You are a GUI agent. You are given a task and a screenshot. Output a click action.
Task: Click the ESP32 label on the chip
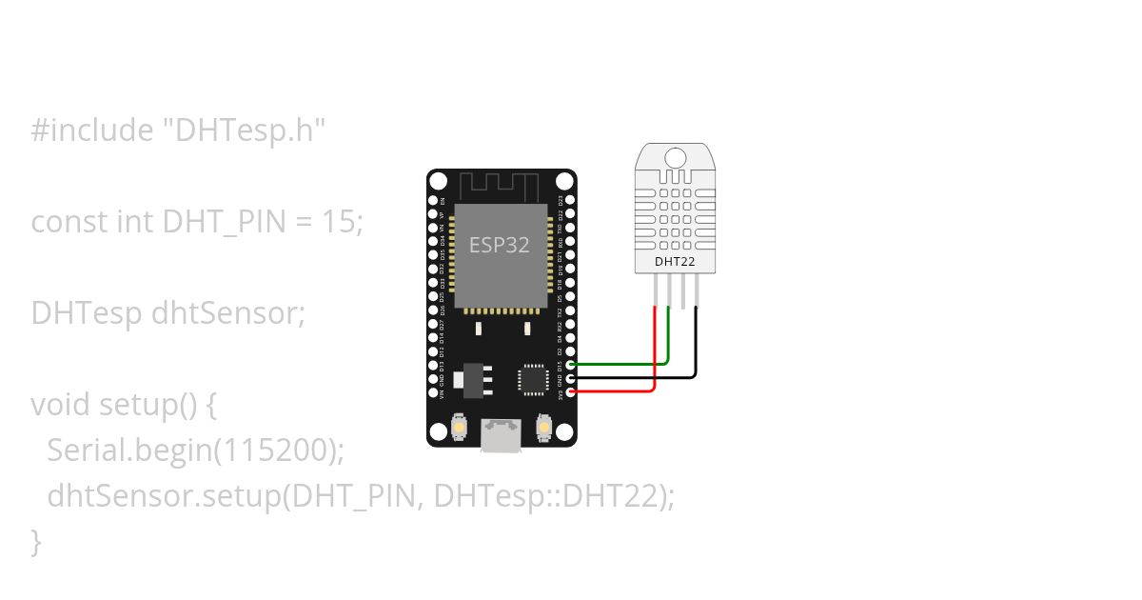(x=500, y=245)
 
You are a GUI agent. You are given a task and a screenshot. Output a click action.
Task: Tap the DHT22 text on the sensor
(x=674, y=260)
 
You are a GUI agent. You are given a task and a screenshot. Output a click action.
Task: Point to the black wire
(x=696, y=343)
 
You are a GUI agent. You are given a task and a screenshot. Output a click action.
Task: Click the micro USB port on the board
(x=502, y=436)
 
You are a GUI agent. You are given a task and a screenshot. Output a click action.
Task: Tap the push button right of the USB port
(x=544, y=427)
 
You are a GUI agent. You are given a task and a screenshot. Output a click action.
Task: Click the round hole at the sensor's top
(x=675, y=158)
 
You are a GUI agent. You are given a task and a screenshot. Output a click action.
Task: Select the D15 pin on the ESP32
(x=570, y=365)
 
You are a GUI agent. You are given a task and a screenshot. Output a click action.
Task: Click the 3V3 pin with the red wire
(x=570, y=391)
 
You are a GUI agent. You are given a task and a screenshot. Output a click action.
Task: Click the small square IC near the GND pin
(x=532, y=379)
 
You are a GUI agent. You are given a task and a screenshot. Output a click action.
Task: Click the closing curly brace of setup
(x=37, y=542)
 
